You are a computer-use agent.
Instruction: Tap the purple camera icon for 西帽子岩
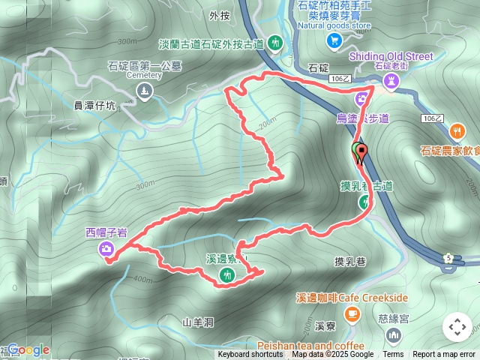click(x=106, y=248)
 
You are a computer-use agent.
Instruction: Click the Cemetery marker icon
click(x=145, y=91)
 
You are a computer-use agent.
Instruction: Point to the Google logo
click(x=28, y=349)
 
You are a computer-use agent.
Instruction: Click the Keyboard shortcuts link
click(x=250, y=355)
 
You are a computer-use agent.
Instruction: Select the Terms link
click(x=393, y=355)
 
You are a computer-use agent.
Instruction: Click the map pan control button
click(x=457, y=327)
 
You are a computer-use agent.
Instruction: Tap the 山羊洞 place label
click(x=198, y=322)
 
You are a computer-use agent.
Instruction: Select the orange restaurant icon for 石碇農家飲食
click(x=455, y=131)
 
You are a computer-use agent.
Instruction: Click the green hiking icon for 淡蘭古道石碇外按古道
click(x=275, y=43)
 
